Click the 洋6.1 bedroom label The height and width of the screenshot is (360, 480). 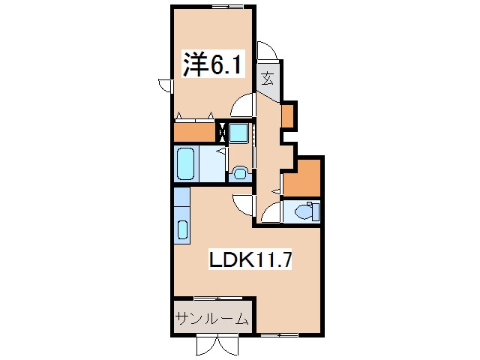(213, 64)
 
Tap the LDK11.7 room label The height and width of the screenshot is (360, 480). (250, 260)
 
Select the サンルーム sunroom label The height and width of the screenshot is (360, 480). (211, 319)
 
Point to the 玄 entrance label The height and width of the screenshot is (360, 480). (267, 79)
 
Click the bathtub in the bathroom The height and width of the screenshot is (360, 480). (185, 163)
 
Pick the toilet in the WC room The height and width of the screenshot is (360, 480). (307, 211)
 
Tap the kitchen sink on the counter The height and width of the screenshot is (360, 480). (182, 229)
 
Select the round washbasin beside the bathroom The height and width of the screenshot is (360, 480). (240, 173)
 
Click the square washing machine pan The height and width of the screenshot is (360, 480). (238, 133)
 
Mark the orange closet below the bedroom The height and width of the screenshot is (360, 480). (194, 132)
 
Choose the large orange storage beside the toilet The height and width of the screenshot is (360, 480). (302, 178)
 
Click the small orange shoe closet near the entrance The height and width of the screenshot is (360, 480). (288, 115)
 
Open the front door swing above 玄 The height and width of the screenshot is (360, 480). (267, 51)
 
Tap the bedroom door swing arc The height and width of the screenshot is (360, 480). (243, 105)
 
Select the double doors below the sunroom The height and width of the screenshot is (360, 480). (217, 346)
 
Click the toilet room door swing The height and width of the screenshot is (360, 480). (271, 212)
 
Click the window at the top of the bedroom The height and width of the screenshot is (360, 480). (228, 7)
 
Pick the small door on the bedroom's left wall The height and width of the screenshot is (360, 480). (166, 85)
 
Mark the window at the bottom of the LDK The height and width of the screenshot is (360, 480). (279, 335)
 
